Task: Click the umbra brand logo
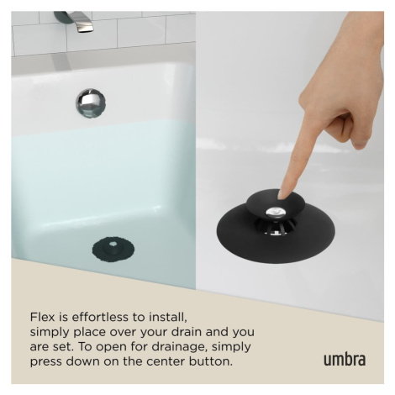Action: coord(345,360)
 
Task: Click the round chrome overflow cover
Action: coord(91,103)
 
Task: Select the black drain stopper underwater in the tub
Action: coord(113,250)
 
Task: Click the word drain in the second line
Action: coord(184,332)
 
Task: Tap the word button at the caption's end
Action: coord(211,361)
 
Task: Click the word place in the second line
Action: coord(89,333)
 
